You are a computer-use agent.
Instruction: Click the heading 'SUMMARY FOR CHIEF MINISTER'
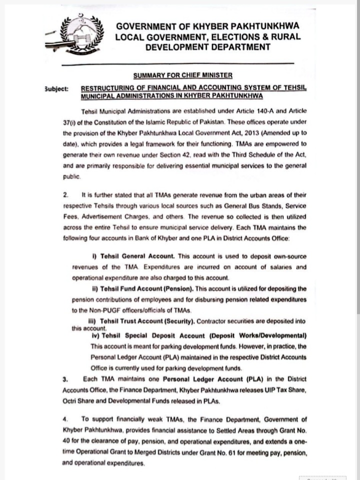point(183,75)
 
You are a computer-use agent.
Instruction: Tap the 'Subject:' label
point(57,88)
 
